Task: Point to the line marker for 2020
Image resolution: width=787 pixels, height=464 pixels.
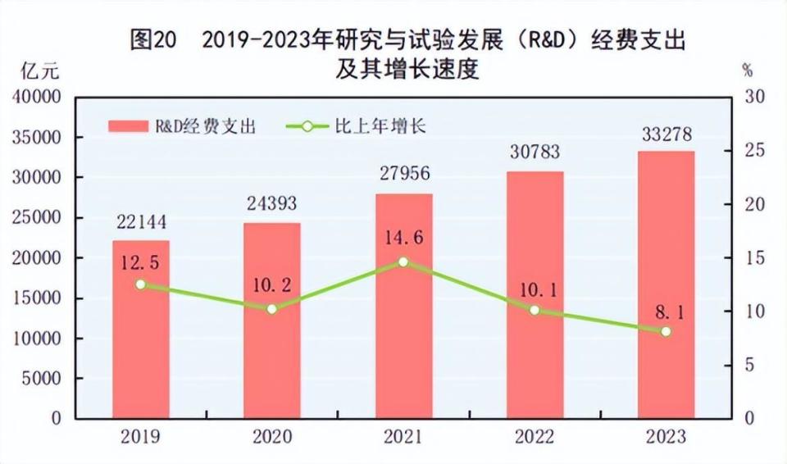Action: coord(271,308)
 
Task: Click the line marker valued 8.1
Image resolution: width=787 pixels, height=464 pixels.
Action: coord(666,331)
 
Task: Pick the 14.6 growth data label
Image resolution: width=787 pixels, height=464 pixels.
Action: coord(403,239)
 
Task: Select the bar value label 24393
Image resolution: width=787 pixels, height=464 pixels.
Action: coord(271,202)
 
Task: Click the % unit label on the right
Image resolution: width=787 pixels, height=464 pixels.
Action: coord(747,71)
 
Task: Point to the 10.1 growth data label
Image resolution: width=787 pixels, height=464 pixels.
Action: coord(535,289)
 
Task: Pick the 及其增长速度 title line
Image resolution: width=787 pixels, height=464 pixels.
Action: coord(407,70)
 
